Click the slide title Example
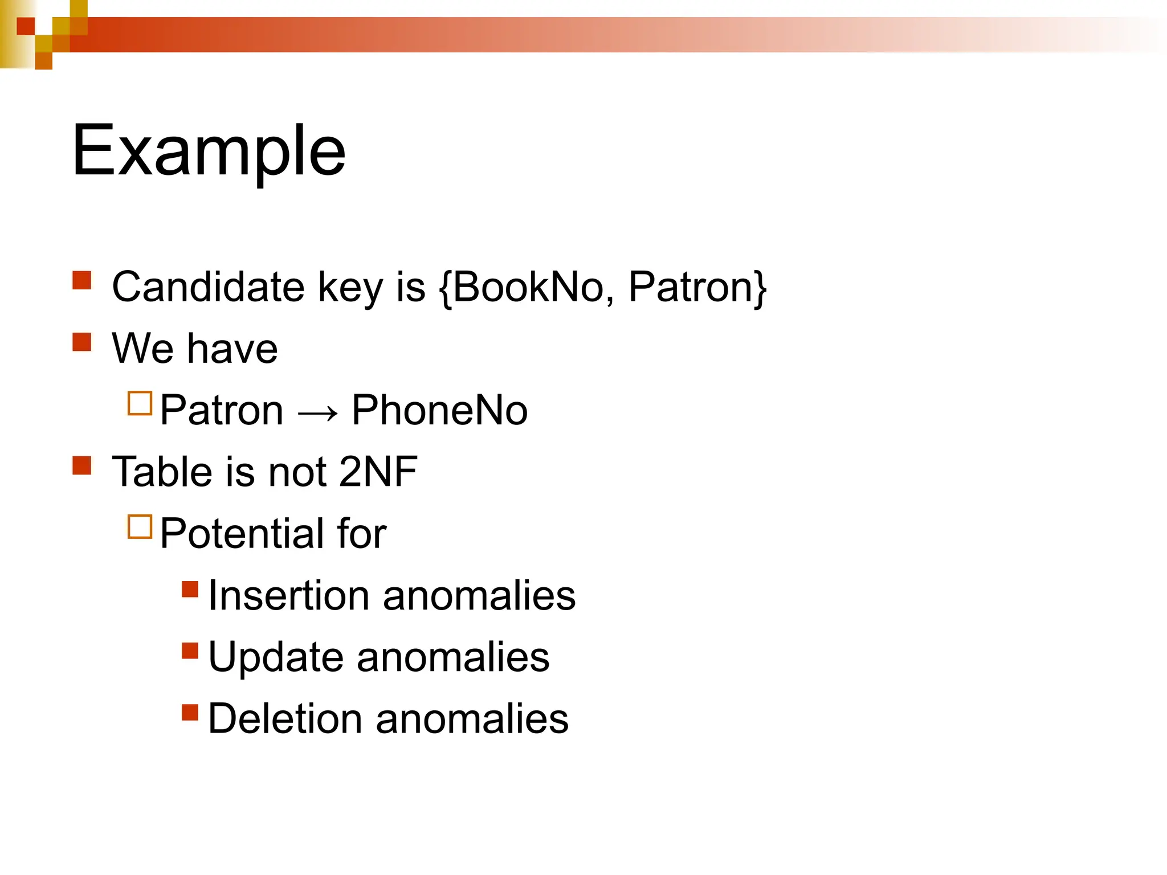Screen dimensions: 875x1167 point(209,151)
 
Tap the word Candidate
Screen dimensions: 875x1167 point(208,287)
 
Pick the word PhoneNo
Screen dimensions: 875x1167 point(439,410)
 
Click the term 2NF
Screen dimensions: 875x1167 point(378,472)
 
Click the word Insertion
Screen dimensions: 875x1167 point(289,596)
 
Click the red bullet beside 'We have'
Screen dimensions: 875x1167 point(82,342)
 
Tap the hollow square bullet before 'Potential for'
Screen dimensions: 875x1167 point(140,526)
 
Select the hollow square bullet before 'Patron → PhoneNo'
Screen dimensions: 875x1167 point(140,403)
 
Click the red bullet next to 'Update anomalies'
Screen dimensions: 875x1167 point(190,650)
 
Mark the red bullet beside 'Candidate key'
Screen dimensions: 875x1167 point(82,280)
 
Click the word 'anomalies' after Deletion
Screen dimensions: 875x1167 point(472,719)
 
